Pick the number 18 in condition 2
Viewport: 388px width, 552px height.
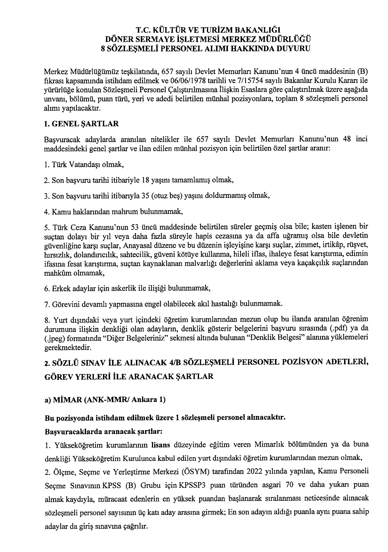(146, 180)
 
